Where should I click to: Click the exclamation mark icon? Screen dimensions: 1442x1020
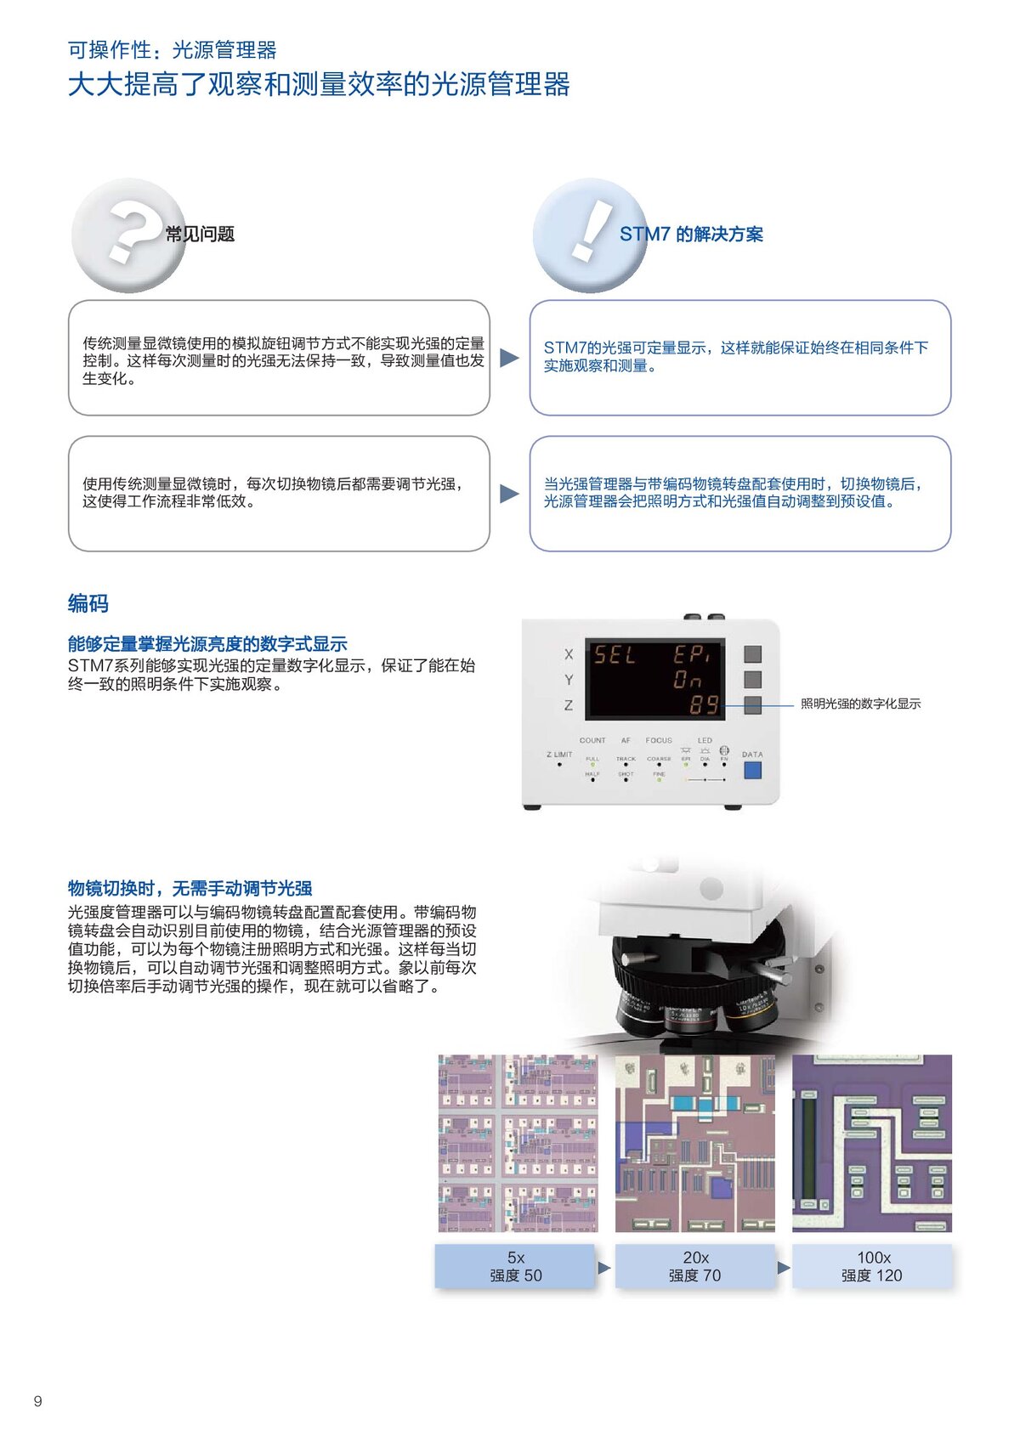coord(589,234)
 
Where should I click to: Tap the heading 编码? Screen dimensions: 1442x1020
coord(88,603)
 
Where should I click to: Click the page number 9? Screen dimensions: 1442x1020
coord(37,1401)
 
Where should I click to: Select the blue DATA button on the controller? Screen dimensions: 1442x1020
coord(752,770)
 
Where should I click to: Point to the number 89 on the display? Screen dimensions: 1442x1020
coord(704,704)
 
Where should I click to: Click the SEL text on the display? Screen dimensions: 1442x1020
coord(614,655)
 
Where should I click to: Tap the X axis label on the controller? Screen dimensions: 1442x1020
coord(569,654)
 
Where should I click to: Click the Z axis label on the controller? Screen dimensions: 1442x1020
coord(569,705)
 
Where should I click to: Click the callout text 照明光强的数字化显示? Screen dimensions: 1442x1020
coord(860,704)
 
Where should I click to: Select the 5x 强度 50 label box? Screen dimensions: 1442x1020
coord(515,1266)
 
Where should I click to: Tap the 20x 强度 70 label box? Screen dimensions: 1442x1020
coord(694,1266)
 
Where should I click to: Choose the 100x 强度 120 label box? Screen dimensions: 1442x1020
coord(872,1266)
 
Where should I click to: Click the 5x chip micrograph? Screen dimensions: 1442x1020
coord(518,1143)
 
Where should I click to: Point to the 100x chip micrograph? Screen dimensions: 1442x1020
coord(872,1143)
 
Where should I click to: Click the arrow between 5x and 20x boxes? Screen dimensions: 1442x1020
coord(604,1267)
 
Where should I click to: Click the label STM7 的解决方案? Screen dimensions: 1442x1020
coord(691,235)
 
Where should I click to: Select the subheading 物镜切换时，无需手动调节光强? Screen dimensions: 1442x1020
coord(190,888)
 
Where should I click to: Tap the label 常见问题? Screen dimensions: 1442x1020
coord(200,235)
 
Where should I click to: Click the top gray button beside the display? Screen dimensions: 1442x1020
coord(752,653)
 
